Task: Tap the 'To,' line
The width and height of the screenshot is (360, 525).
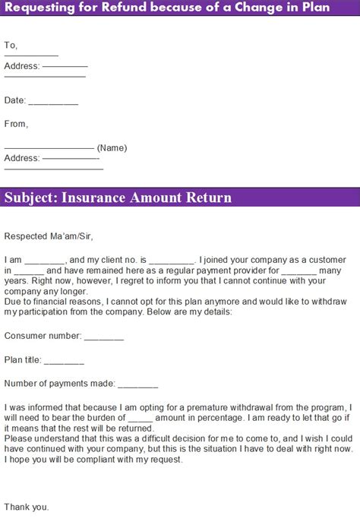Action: pyautogui.click(x=11, y=45)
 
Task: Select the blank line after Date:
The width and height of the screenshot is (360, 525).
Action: pyautogui.click(x=53, y=101)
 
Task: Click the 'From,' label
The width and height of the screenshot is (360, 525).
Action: pyautogui.click(x=16, y=124)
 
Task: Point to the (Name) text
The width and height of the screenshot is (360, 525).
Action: pyautogui.click(x=112, y=147)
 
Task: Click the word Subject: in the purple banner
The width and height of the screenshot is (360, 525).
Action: pyautogui.click(x=30, y=198)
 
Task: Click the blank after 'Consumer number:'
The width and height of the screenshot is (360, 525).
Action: pyautogui.click(x=103, y=335)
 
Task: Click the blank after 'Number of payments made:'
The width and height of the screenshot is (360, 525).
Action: pyautogui.click(x=138, y=384)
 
